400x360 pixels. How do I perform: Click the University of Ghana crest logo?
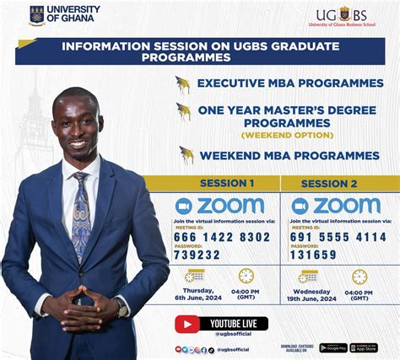tap(35, 15)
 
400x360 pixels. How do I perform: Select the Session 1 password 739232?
tap(197, 255)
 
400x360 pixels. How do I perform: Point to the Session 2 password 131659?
tap(314, 255)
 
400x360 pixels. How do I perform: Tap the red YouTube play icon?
tap(187, 324)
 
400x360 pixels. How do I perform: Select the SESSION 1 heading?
tap(226, 184)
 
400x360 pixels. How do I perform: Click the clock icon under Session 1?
tap(246, 276)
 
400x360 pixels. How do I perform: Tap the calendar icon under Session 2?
tap(310, 276)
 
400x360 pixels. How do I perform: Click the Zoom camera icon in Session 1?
tap(183, 206)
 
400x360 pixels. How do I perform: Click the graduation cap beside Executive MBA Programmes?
tap(182, 83)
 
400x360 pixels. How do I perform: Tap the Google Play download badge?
tap(333, 347)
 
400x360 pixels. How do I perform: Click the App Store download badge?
tap(365, 347)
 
